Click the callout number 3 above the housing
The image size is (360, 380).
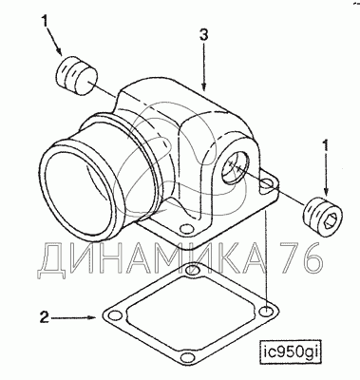[203, 35]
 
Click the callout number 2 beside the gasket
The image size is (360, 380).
[45, 317]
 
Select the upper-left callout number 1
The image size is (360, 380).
[45, 22]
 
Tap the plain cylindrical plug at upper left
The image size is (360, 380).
[77, 77]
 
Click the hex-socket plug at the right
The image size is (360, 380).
[323, 217]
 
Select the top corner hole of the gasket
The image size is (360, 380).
[190, 271]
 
